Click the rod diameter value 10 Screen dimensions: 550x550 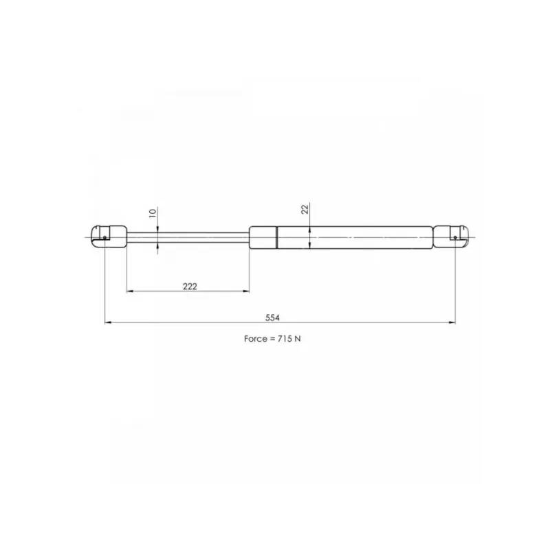coord(153,213)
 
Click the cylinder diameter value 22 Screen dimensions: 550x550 coord(305,210)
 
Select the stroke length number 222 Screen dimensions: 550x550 coord(190,287)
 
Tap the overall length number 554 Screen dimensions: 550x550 coord(272,318)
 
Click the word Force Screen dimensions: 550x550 coord(255,339)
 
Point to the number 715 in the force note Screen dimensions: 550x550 coord(284,339)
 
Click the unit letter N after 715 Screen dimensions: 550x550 coord(298,339)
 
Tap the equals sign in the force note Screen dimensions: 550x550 coord(272,339)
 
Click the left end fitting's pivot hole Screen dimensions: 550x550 coord(104,238)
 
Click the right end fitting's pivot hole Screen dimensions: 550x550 coord(455,238)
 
